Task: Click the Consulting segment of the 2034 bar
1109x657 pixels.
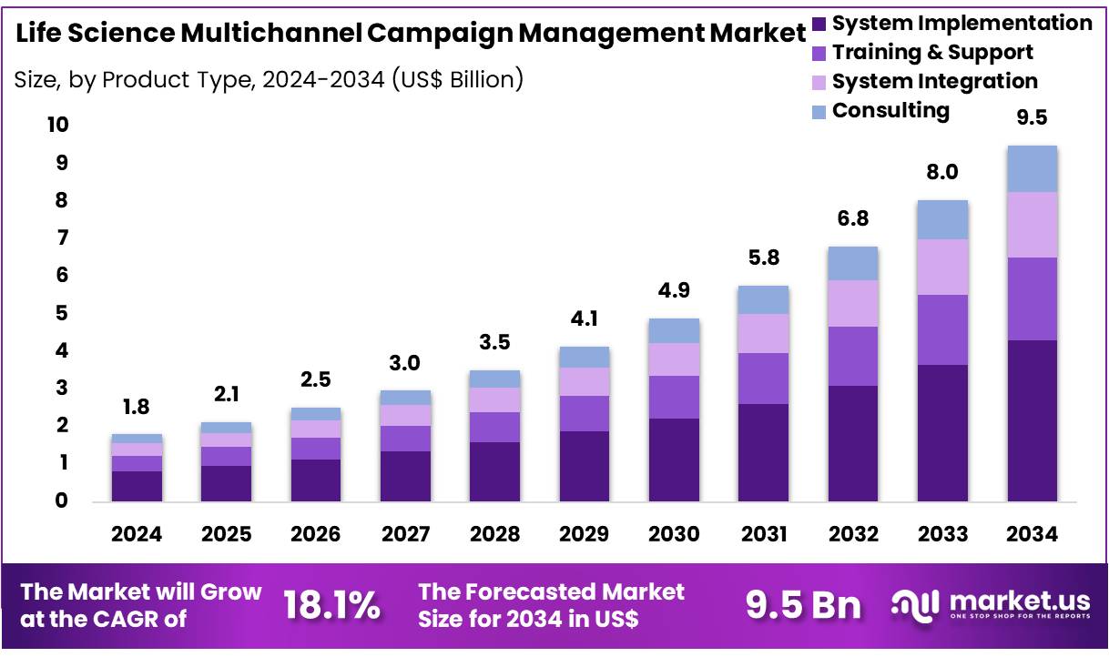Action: tap(1032, 168)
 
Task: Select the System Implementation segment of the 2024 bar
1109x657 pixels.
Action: tap(137, 486)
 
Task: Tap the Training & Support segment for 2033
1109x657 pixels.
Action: tap(942, 329)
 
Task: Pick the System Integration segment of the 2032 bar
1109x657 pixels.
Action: tap(852, 303)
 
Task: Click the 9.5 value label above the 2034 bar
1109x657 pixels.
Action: tap(1033, 117)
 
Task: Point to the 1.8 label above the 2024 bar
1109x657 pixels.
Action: tap(137, 407)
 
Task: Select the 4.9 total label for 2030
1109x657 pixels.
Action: tap(674, 290)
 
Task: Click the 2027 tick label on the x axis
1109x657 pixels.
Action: tap(405, 534)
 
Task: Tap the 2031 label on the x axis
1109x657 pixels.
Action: tap(763, 534)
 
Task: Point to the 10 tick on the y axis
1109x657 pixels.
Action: tap(57, 125)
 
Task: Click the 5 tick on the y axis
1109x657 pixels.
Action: tap(62, 313)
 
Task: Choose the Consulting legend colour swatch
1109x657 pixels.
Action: tap(818, 111)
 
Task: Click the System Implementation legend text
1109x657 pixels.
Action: tap(961, 23)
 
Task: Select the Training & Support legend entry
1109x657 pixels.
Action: tap(932, 52)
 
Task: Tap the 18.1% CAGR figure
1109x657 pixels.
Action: tap(331, 605)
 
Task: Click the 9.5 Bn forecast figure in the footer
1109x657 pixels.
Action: tap(803, 605)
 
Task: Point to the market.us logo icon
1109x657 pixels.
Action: tap(915, 605)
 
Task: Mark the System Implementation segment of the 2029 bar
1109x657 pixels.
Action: tap(585, 466)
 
